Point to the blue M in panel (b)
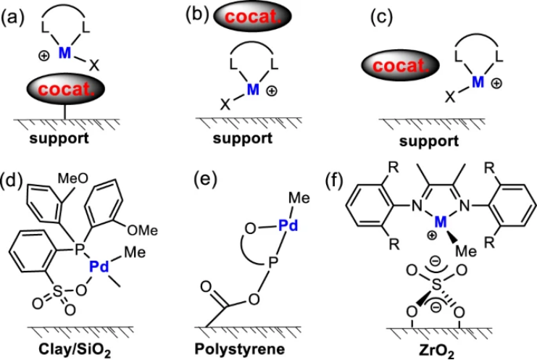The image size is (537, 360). tap(252, 90)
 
